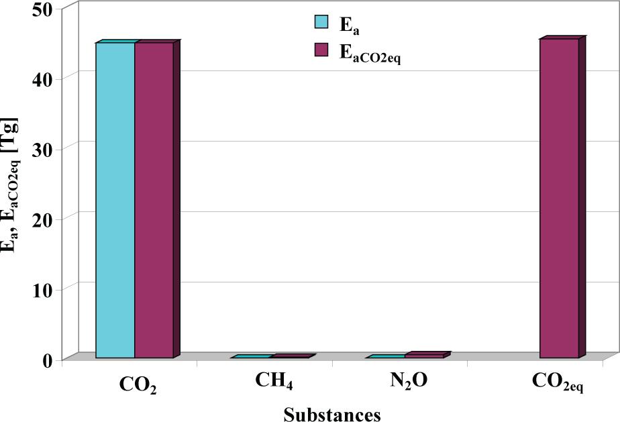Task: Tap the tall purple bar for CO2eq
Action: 559,198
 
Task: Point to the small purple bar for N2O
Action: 424,356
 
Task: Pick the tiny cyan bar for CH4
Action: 251,357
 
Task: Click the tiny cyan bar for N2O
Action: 386,357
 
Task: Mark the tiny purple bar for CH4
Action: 289,356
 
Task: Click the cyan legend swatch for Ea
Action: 321,23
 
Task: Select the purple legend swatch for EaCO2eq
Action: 321,51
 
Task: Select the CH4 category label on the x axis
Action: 274,381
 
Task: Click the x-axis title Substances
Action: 331,413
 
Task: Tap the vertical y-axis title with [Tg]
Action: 11,184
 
